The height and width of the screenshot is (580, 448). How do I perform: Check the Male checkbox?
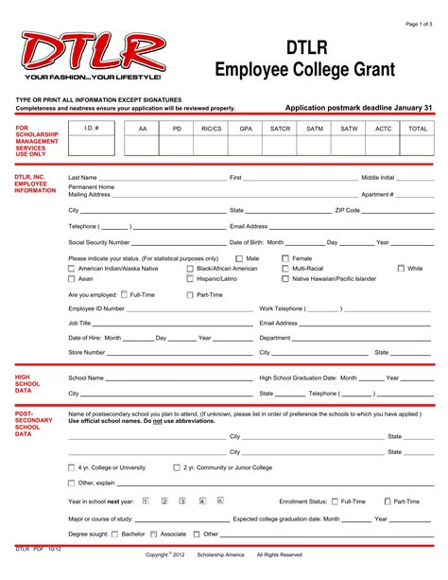[x=239, y=258]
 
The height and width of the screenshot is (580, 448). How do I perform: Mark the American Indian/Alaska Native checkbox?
[x=72, y=269]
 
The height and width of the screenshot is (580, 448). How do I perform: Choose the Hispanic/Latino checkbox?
[x=190, y=279]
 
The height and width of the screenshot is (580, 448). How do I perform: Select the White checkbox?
[x=401, y=269]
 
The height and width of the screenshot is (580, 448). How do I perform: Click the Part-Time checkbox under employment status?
[x=190, y=294]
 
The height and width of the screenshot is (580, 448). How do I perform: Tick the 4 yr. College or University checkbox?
[x=72, y=467]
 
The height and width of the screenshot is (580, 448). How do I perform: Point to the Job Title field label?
[x=79, y=323]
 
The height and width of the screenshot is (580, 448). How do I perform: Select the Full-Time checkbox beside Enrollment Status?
[x=336, y=501]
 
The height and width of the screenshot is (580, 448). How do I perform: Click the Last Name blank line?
[x=163, y=178]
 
